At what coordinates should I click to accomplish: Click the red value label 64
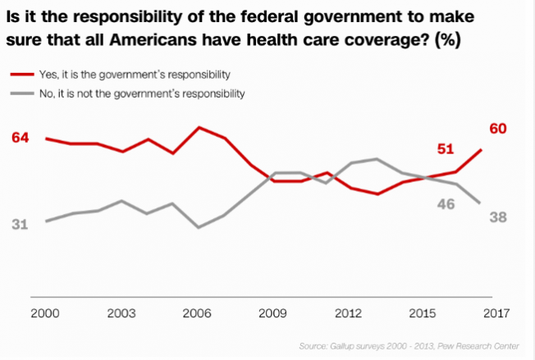point(21,137)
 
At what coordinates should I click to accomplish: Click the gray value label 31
point(21,224)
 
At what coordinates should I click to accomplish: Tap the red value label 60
point(496,129)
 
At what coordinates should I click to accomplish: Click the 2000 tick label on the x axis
point(46,314)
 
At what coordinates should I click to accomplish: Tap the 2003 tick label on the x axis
point(122,314)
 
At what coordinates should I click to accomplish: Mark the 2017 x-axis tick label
point(496,314)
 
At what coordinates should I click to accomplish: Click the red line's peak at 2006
point(199,127)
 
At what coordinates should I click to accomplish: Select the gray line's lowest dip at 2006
point(199,227)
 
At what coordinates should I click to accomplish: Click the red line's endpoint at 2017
point(481,149)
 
